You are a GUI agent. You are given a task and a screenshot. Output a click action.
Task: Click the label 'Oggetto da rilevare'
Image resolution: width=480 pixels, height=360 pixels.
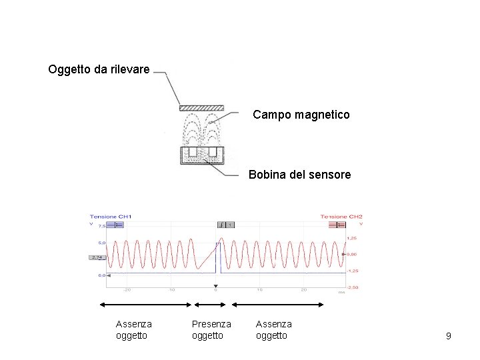tap(99, 69)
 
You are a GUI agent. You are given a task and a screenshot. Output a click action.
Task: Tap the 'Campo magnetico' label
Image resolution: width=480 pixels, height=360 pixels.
tap(301, 115)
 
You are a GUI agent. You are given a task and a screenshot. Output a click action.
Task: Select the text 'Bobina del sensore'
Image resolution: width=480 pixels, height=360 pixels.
tap(299, 175)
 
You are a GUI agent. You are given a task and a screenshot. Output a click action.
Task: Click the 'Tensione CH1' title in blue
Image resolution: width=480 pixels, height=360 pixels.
tap(111, 217)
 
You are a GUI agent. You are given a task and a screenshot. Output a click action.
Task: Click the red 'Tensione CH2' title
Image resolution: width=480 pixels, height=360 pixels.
tap(341, 217)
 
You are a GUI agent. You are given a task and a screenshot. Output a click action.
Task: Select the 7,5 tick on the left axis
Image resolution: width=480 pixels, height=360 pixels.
tap(102, 227)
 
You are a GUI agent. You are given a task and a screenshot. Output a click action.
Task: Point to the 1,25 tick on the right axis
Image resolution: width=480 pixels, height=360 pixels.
tap(351, 237)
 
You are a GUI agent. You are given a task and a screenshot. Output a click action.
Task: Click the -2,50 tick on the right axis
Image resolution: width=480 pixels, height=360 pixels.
tap(353, 287)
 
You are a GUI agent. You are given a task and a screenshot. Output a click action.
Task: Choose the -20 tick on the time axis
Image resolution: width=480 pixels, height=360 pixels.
tap(126, 290)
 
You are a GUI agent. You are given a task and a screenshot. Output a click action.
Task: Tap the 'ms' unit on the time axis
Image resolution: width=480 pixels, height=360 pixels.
tap(341, 291)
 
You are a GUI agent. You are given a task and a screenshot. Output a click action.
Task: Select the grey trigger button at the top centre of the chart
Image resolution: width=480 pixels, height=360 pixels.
tap(225, 225)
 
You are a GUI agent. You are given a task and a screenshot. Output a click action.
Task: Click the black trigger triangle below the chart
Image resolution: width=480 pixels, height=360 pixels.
tap(215, 286)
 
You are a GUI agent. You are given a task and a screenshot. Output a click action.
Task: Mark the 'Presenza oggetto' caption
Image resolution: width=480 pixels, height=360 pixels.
tap(211, 329)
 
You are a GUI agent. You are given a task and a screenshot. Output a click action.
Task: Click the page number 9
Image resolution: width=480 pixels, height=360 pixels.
tap(449, 336)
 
